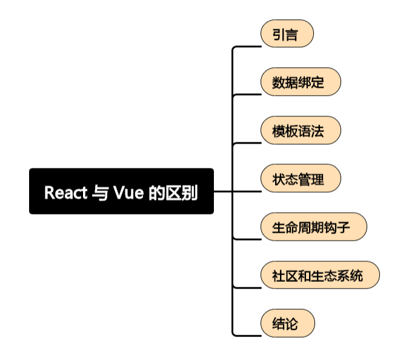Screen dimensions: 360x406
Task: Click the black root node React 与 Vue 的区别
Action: [121, 191]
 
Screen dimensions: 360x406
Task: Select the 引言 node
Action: [287, 34]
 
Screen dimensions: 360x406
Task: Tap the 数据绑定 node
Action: [301, 82]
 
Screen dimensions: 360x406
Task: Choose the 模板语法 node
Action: [301, 130]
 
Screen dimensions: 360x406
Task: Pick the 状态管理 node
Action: [301, 179]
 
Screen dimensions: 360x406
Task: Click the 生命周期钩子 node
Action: [313, 227]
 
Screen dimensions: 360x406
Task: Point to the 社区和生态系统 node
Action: [320, 275]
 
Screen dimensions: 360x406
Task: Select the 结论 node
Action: [287, 324]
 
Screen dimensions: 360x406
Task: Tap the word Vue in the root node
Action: [128, 193]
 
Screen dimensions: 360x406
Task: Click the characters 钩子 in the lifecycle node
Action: [348, 227]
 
